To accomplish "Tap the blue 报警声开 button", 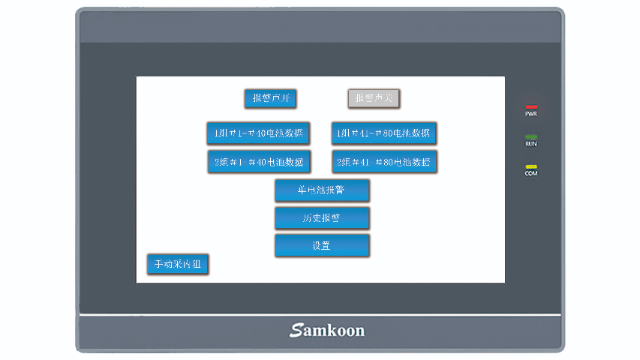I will tap(271, 98).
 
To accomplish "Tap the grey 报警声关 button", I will tap(374, 98).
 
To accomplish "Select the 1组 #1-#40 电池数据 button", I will tap(259, 133).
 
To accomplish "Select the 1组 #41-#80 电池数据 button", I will tap(384, 133).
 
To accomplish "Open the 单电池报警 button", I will tap(322, 190).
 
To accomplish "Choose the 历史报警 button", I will tap(322, 218).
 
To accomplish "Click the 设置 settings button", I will tap(322, 246).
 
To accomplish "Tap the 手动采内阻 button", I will tap(178, 264).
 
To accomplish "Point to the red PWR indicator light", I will tap(531, 107).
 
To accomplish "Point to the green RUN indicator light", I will tap(531, 136).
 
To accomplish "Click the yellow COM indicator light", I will tap(531, 166).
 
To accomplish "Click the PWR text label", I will tap(531, 114).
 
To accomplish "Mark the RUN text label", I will tap(531, 143).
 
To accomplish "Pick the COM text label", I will tap(531, 173).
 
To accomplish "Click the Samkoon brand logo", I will tap(327, 330).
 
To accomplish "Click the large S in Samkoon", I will tap(295, 330).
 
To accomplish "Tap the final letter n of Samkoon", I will tap(359, 331).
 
